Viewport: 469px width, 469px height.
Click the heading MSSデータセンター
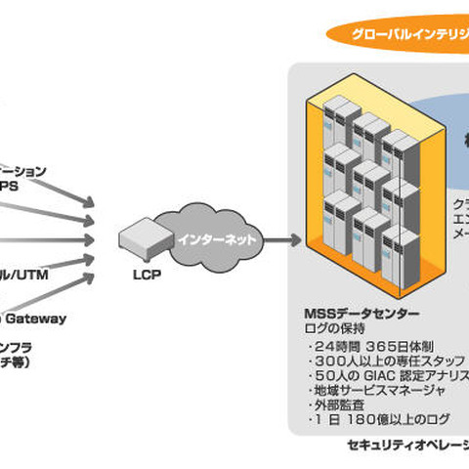(x=362, y=314)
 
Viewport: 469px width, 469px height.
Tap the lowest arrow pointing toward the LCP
(x=59, y=283)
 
